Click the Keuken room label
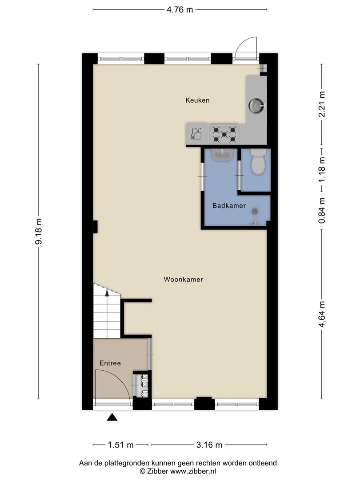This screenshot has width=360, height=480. tap(197, 100)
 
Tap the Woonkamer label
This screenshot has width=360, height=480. tap(184, 279)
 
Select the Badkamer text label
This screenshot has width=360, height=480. tap(229, 206)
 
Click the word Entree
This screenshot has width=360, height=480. tap(110, 363)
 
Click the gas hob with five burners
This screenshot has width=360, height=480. tap(224, 134)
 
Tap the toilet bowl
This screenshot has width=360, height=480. tap(258, 162)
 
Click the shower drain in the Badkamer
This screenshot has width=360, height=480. tap(255, 211)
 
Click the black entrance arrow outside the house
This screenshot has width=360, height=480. tap(112, 417)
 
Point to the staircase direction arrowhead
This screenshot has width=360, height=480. tap(107, 293)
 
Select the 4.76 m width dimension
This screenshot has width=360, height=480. tap(180, 10)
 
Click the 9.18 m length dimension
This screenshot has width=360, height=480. tap(39, 231)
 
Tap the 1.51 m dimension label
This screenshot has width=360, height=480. tap(120, 445)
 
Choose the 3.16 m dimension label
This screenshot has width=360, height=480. tap(209, 445)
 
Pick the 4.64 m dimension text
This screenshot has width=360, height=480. tap(322, 314)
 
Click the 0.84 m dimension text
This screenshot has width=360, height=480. tap(322, 211)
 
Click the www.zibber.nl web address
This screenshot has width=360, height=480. tap(193, 471)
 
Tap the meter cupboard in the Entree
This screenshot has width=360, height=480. tap(142, 384)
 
